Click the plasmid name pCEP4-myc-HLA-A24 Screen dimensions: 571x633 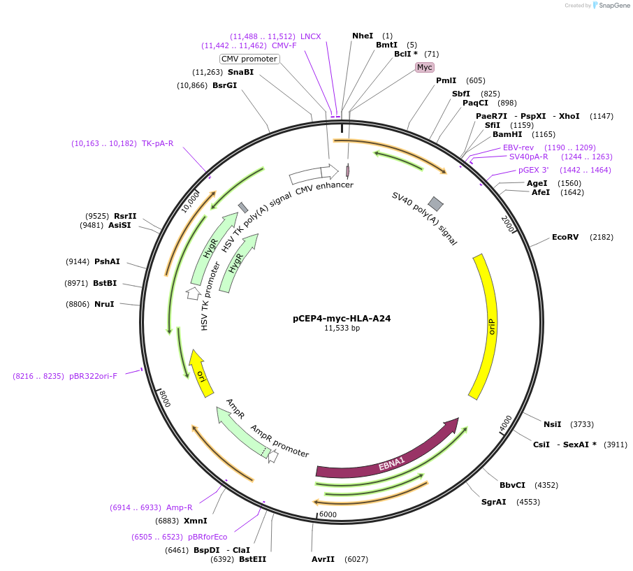(x=341, y=318)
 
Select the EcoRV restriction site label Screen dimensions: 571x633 (x=565, y=237)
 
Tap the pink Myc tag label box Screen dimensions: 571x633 (x=425, y=67)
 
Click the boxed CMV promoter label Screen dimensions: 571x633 (x=249, y=59)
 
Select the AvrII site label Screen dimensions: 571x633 (x=323, y=559)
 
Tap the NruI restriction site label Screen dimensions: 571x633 (x=103, y=304)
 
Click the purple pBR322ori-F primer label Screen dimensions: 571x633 (x=93, y=376)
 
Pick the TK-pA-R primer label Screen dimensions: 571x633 (x=157, y=143)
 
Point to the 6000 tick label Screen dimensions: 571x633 (x=328, y=515)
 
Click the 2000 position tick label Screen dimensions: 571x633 (x=508, y=224)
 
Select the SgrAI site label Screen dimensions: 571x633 (x=493, y=502)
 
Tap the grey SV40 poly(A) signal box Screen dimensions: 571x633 (x=435, y=203)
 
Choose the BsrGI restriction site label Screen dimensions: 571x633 (x=224, y=85)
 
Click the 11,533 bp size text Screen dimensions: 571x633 (x=342, y=328)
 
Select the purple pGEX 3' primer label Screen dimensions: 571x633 (x=533, y=170)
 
